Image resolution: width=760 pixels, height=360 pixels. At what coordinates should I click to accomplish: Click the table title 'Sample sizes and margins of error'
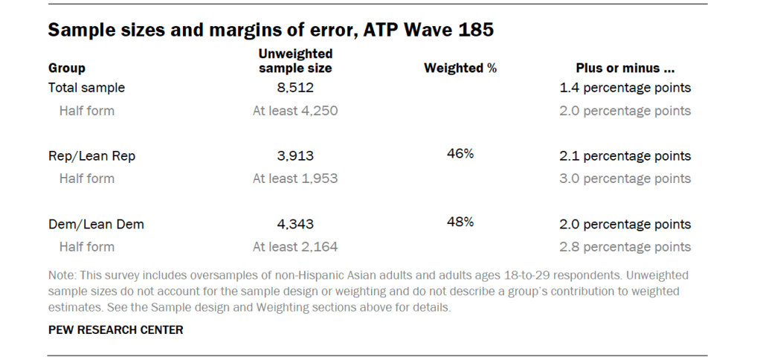point(271,30)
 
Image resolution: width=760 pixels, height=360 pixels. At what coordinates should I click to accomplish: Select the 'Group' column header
point(67,68)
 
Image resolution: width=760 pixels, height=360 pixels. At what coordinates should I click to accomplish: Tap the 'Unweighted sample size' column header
point(295,60)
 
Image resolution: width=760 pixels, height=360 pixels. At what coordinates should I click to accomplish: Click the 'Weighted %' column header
point(460,68)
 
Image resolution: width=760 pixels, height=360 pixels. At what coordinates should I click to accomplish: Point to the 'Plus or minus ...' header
point(625,68)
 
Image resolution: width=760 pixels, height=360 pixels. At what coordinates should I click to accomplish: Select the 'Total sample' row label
point(86,88)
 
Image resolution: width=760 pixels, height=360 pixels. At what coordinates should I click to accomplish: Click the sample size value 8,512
point(295,88)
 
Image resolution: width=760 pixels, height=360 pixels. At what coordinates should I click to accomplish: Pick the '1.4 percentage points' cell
point(625,88)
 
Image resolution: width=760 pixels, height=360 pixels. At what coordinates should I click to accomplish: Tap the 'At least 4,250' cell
point(295,111)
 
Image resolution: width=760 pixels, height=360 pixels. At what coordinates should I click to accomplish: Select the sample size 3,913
point(295,156)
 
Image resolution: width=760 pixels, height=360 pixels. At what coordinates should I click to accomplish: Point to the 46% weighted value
point(460,154)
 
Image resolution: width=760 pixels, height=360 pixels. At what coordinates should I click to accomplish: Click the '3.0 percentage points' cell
point(625,179)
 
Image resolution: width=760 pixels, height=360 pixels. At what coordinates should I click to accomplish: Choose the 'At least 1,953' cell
point(295,179)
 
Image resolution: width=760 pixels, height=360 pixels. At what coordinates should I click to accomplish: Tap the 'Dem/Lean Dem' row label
point(95,224)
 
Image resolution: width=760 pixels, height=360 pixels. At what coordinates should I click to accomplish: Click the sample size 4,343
point(295,224)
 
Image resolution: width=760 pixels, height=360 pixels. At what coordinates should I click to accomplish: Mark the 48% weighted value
point(460,222)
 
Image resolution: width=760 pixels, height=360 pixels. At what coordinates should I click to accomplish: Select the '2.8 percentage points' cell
point(625,247)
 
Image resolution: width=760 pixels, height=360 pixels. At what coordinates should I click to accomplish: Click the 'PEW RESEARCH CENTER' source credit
point(115,330)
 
